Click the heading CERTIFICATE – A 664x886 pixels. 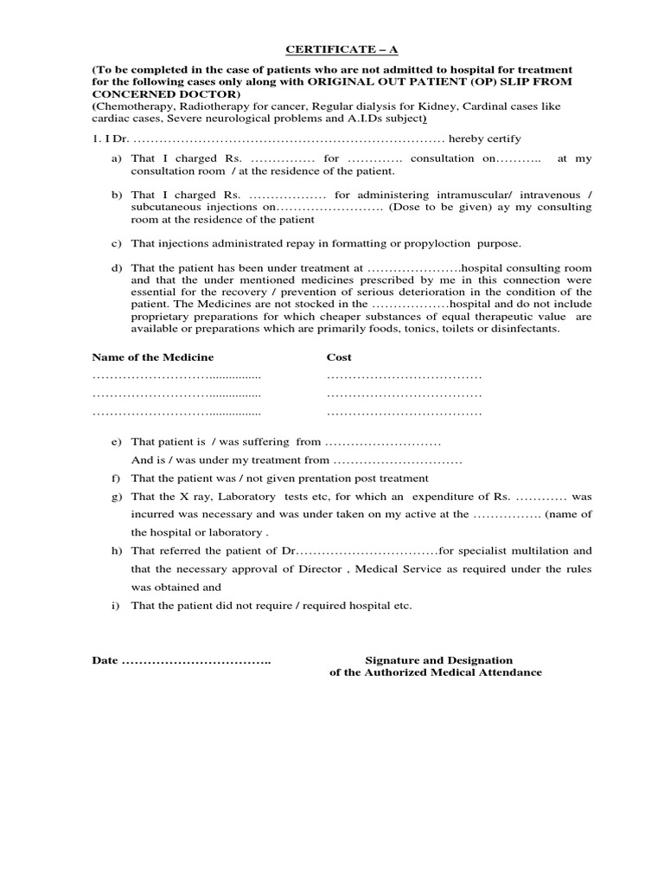331,50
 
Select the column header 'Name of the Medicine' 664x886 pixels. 152,356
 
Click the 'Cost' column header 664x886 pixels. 339,356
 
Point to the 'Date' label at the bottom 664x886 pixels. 105,660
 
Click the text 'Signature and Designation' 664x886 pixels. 438,660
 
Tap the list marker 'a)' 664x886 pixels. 116,159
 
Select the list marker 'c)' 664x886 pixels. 116,244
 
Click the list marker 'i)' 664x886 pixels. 116,606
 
